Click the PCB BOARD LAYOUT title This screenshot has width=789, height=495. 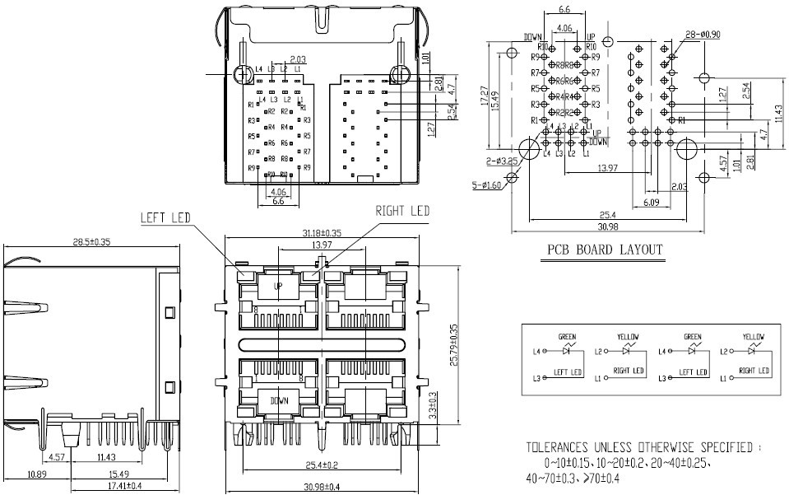[x=605, y=250]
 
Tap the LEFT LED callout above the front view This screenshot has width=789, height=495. [x=165, y=218]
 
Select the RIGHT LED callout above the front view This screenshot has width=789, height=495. [x=402, y=212]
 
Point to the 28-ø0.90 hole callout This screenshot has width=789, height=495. [x=702, y=35]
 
